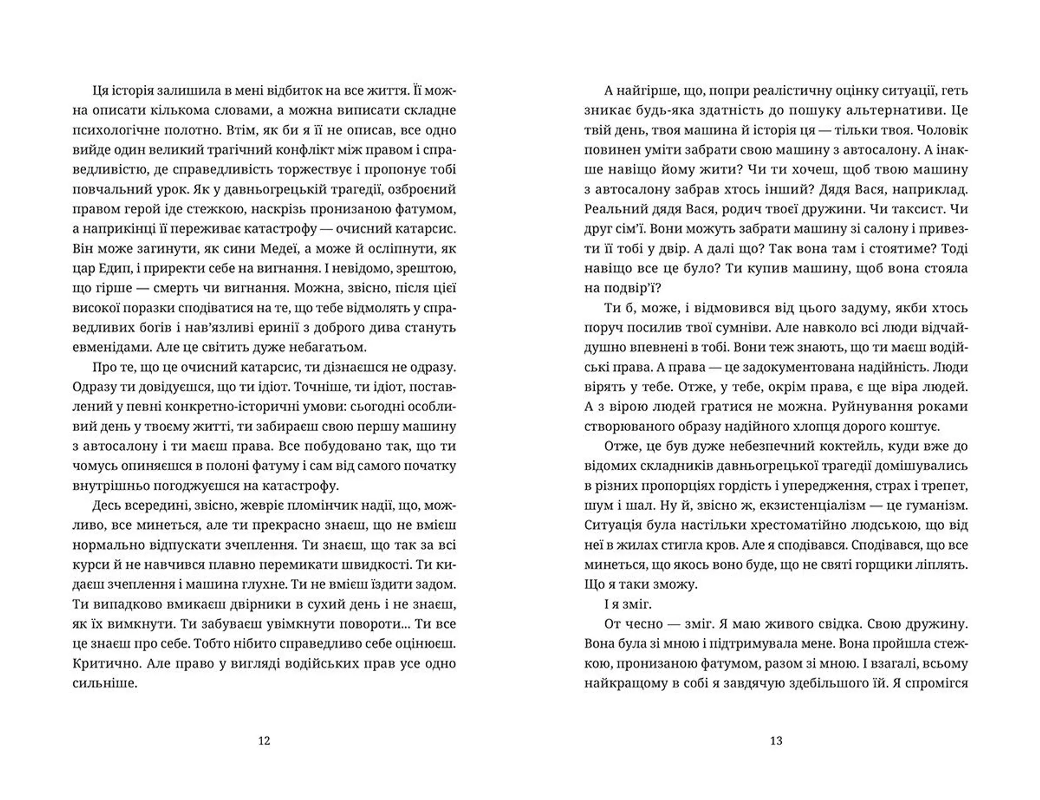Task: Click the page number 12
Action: pyautogui.click(x=264, y=741)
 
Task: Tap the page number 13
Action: pyautogui.click(x=776, y=741)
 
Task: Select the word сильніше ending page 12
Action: pyautogui.click(x=105, y=683)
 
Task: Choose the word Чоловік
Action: pyautogui.click(x=942, y=131)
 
